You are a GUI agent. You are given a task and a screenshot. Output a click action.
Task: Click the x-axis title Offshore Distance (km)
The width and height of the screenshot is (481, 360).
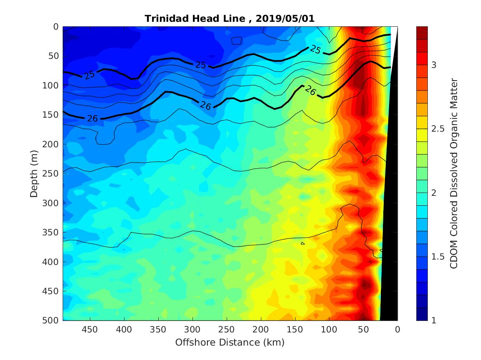point(230,342)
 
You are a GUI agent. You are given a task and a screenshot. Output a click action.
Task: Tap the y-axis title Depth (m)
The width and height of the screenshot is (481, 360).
point(34,173)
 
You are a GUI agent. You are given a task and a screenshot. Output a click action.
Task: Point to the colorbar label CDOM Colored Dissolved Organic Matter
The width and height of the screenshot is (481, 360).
point(454,173)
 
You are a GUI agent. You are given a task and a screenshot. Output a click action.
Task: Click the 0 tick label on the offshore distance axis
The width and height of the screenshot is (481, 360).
point(397,330)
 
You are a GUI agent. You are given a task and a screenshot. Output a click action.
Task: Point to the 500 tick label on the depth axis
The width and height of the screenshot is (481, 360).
point(52,321)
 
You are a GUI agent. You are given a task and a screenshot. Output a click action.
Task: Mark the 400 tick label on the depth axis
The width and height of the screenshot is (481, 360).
point(52,262)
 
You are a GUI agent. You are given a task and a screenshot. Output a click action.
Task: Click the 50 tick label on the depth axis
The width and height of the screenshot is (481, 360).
point(54,56)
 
